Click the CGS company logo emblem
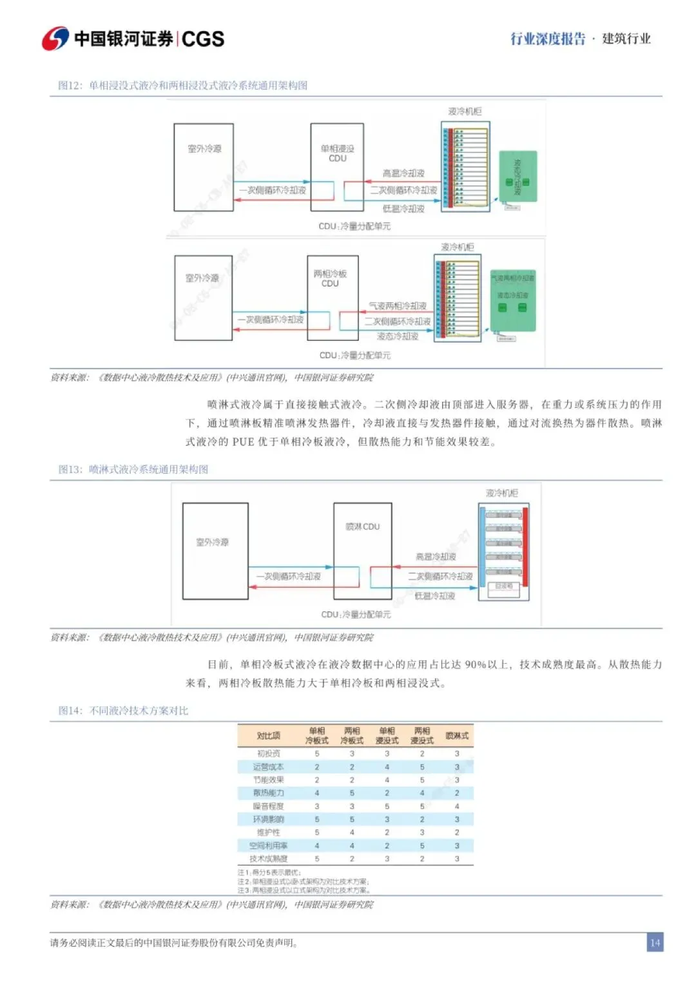(55, 39)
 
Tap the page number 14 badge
(655, 943)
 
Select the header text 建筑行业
(626, 39)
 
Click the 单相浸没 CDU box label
(337, 153)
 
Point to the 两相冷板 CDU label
(330, 278)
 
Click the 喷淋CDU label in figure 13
(362, 526)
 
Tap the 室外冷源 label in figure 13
(212, 542)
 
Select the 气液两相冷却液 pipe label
(397, 305)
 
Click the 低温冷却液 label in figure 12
(403, 209)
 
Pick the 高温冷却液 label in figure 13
(436, 556)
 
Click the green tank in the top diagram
(517, 177)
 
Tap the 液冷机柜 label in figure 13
(501, 493)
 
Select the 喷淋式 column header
(457, 735)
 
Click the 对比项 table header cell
(268, 735)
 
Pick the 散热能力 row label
(268, 793)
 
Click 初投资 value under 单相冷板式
(317, 753)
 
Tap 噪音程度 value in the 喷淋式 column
(457, 806)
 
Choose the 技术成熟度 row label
(268, 858)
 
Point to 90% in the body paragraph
(475, 664)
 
